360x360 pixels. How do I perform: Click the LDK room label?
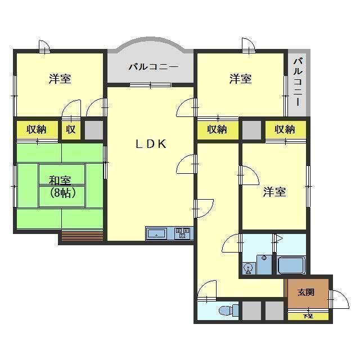(150, 144)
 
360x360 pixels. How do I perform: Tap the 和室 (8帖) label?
(59, 186)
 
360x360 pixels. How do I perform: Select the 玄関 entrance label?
(306, 292)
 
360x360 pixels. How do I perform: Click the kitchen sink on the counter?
(157, 232)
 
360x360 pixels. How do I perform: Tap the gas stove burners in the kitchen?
(182, 232)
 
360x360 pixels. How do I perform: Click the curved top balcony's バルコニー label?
(152, 67)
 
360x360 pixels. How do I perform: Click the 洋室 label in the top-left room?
(59, 79)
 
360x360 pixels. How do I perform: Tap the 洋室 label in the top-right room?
(240, 79)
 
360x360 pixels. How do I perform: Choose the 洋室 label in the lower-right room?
(274, 192)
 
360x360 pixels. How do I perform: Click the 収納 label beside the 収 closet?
(37, 129)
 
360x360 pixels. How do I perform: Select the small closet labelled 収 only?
(71, 129)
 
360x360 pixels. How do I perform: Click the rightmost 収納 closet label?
(285, 129)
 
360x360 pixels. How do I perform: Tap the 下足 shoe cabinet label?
(307, 316)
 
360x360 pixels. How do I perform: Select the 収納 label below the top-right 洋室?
(217, 129)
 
